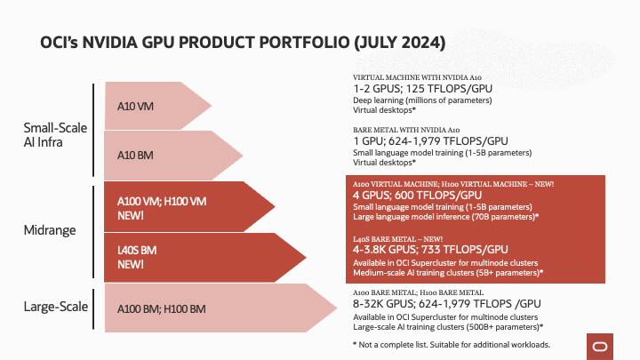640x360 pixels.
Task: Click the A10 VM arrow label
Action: coord(135,107)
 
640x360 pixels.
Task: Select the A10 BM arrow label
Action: coord(135,156)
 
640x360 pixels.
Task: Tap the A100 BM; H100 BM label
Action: coord(161,309)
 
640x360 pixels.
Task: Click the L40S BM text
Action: coord(137,250)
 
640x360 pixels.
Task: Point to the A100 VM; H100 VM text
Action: coord(162,201)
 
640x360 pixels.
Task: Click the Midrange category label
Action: coord(50,230)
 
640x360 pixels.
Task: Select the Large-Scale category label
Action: coord(55,307)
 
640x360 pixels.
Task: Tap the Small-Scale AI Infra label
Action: coord(55,135)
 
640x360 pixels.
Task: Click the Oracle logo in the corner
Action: coord(600,347)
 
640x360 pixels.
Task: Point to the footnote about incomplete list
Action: coord(452,345)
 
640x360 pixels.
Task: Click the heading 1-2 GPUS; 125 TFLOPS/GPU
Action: coord(422,89)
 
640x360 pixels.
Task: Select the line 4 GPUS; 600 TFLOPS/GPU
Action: coord(417,195)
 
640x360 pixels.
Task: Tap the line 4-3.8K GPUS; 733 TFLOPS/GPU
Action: coord(430,250)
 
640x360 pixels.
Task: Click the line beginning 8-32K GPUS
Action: coord(447,304)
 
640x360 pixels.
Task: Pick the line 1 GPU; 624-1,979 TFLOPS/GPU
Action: coord(430,141)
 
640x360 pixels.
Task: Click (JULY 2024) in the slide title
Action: coord(400,43)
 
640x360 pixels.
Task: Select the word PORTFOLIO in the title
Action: coord(304,43)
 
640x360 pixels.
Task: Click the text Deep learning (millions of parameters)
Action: coord(422,100)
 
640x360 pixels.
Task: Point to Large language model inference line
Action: coord(445,217)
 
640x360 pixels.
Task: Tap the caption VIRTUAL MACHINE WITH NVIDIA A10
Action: coord(417,77)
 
